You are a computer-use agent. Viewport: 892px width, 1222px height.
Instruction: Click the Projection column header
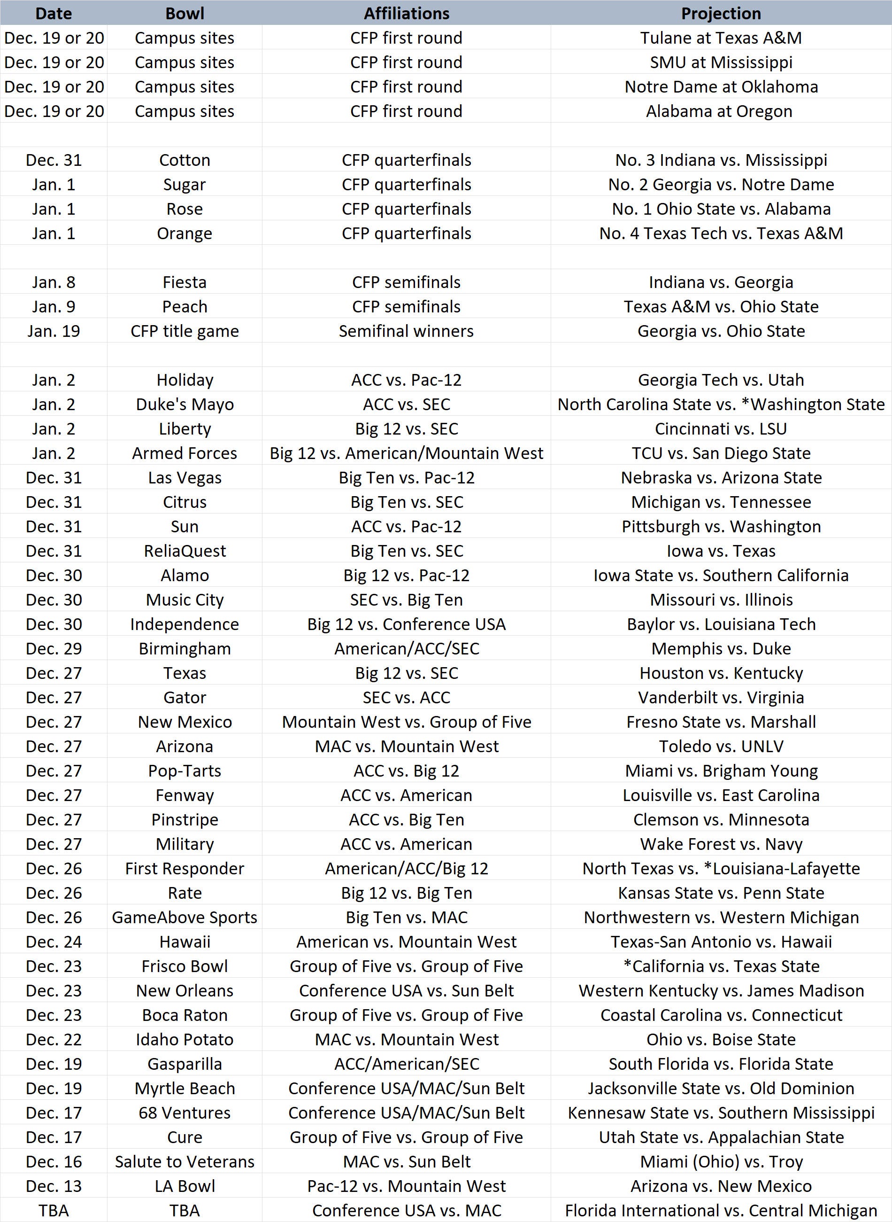click(x=721, y=14)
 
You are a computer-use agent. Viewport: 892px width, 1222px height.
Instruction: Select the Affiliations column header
click(x=406, y=14)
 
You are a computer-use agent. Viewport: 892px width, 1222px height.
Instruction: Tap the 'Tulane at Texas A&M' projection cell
click(x=721, y=38)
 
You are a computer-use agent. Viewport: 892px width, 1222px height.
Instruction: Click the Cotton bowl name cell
click(x=185, y=160)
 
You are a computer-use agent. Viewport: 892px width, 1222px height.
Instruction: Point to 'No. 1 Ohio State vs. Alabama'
click(x=721, y=209)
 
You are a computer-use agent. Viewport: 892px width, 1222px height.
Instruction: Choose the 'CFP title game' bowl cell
click(x=185, y=331)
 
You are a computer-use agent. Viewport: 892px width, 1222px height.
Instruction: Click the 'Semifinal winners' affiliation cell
click(x=406, y=331)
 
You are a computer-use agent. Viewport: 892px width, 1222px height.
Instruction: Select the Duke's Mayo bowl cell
click(x=185, y=404)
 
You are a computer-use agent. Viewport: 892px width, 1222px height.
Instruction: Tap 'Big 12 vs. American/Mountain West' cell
click(x=406, y=453)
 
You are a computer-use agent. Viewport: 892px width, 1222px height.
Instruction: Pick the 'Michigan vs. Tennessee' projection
click(x=721, y=502)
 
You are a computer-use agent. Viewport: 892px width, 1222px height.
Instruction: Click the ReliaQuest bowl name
click(x=185, y=551)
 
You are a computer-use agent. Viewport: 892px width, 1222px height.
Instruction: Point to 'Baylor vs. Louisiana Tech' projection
click(x=721, y=624)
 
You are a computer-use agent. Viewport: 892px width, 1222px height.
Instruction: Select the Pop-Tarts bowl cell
click(x=185, y=771)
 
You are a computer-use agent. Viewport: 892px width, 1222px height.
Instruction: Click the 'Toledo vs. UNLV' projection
click(x=721, y=747)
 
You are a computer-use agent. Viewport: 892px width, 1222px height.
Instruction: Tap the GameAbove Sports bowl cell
click(x=185, y=917)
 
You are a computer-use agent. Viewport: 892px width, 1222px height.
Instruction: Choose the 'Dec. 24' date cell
click(x=54, y=942)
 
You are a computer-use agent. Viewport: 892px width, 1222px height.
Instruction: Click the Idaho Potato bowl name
click(x=185, y=1039)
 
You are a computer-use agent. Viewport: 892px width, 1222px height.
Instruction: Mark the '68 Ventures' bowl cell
click(x=185, y=1113)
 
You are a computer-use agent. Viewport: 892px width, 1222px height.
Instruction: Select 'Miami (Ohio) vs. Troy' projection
click(x=721, y=1161)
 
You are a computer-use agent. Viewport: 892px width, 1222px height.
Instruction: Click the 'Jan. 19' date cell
click(x=54, y=331)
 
